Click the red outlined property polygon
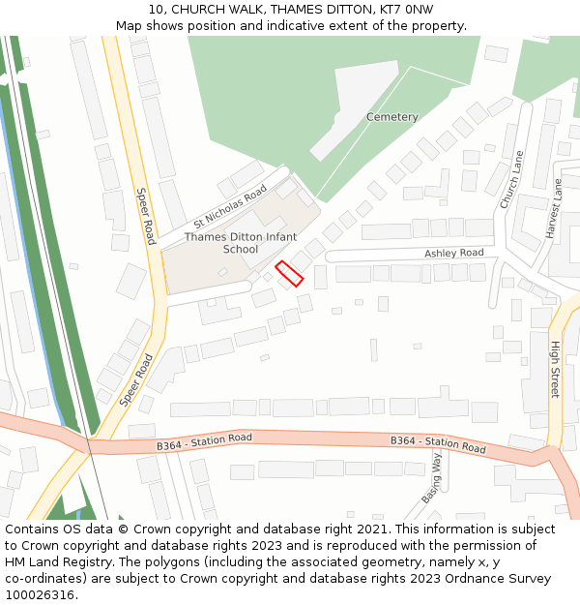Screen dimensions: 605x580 click(x=289, y=273)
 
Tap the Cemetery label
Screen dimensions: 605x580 click(x=392, y=117)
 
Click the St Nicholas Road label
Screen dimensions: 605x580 click(x=229, y=206)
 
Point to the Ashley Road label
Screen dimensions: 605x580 click(x=453, y=253)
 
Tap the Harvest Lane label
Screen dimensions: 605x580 click(x=554, y=208)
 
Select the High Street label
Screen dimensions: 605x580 click(x=555, y=369)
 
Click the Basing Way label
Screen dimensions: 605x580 click(x=431, y=479)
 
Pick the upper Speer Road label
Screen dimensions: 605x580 click(x=146, y=216)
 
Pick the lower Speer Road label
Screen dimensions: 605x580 click(x=136, y=379)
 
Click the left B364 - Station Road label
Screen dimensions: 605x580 click(x=204, y=441)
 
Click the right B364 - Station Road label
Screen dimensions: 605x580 click(x=438, y=444)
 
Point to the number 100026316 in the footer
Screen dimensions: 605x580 click(x=40, y=594)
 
